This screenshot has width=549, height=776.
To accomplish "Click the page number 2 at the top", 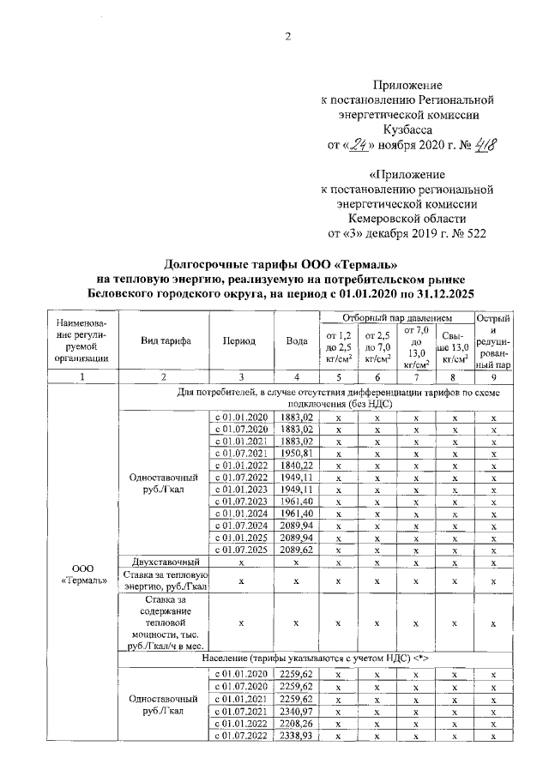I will (x=288, y=36).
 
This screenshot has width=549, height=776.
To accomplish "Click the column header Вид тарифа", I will (x=166, y=340).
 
